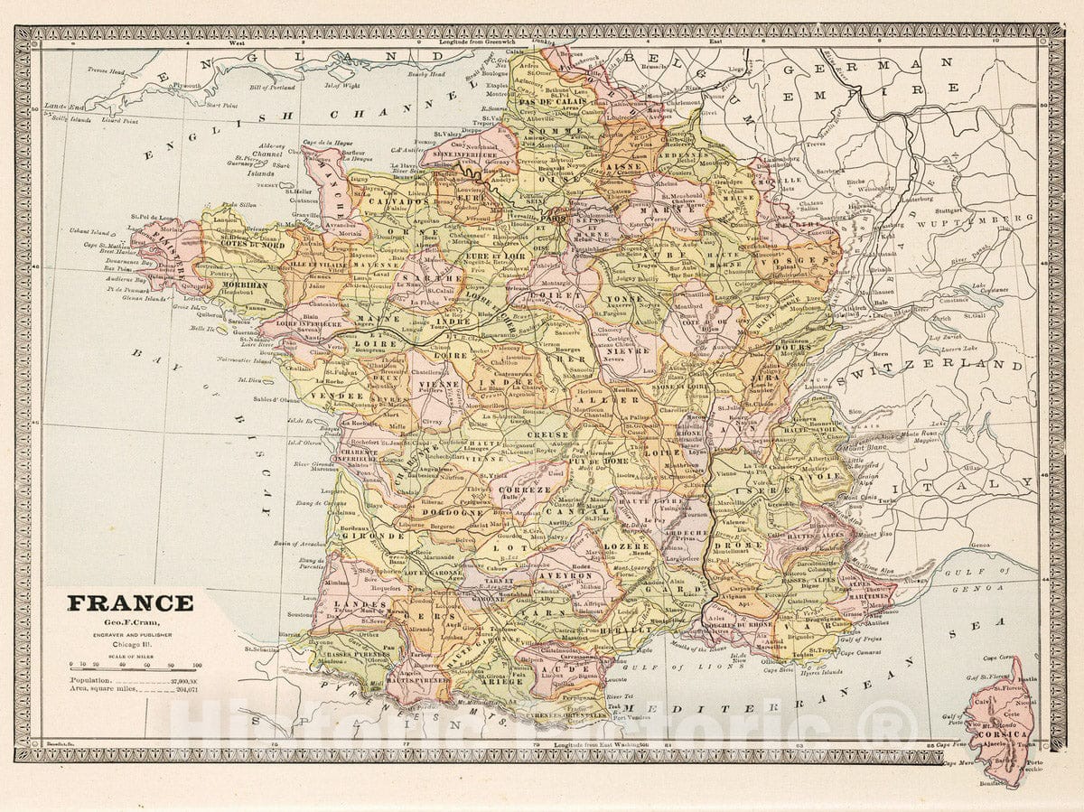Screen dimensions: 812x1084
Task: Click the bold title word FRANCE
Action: click(x=130, y=602)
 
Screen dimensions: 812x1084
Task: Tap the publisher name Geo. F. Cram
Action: click(x=130, y=622)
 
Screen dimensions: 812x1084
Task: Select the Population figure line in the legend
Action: click(x=135, y=680)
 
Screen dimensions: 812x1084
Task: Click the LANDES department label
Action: click(x=349, y=603)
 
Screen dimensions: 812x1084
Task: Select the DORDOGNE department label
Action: click(x=451, y=512)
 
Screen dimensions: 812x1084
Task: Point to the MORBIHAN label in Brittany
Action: click(x=238, y=285)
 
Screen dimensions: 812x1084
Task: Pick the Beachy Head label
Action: click(x=424, y=74)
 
